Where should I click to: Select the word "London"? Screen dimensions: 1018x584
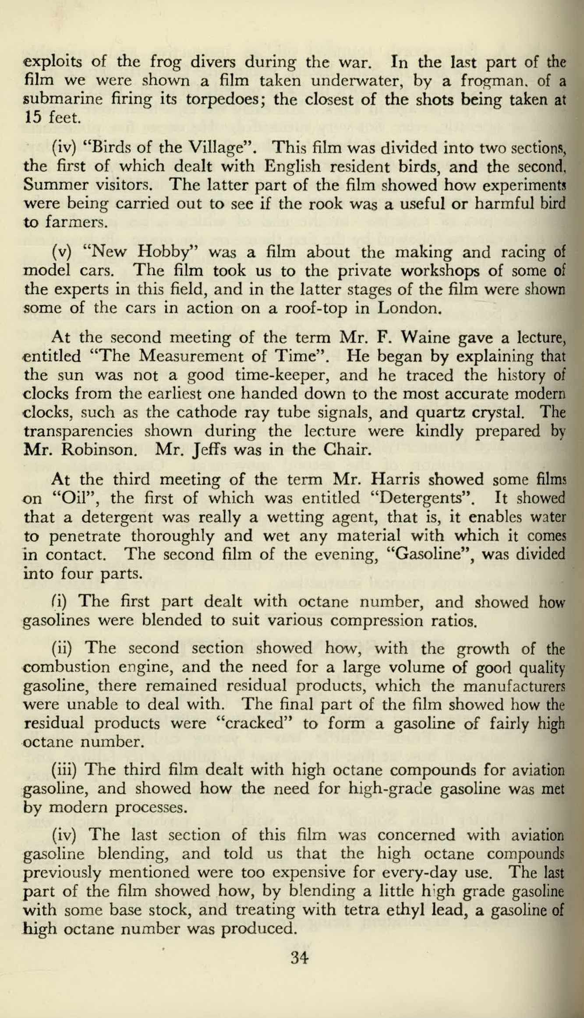tap(408, 309)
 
